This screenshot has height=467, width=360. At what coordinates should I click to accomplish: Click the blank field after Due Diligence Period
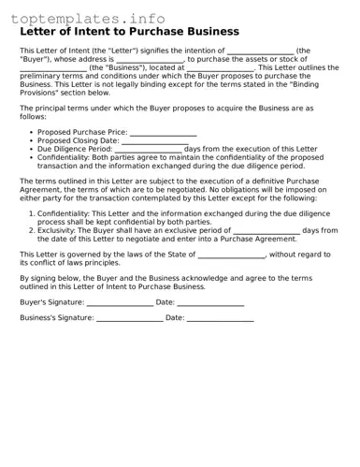[148, 150]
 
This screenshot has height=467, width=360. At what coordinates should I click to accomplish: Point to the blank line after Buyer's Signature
[119, 303]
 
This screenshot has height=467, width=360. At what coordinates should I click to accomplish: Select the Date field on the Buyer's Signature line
[210, 303]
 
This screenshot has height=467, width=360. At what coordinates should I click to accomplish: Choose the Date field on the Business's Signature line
[221, 319]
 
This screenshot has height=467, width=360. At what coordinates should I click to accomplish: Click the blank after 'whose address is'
[150, 59]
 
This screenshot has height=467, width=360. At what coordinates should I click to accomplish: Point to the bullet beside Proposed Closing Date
[31, 141]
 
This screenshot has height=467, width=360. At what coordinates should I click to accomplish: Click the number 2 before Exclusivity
[31, 229]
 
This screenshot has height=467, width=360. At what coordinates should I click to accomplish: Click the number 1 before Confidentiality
[31, 213]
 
